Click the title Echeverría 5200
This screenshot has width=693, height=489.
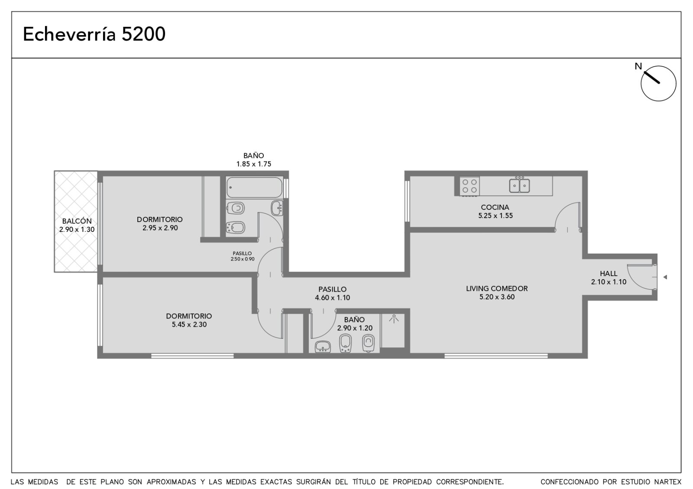coord(94,34)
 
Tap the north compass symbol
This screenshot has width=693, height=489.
coord(658,83)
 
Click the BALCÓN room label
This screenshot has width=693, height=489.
coord(77,221)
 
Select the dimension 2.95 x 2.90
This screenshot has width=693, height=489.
coord(160,228)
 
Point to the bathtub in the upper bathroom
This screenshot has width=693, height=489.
coord(254,187)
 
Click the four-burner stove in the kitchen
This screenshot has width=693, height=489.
coord(470,186)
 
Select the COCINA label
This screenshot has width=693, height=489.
coord(495,207)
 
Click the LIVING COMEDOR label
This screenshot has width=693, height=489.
coord(497,288)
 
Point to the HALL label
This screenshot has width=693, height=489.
coord(609,273)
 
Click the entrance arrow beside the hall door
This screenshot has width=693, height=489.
coord(665,277)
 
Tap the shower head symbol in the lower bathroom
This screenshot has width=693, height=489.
coord(394,318)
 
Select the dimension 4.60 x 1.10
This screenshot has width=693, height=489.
coord(332,298)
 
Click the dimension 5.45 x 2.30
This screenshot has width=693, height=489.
coord(189,325)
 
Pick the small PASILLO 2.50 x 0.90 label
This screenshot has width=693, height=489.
coord(242,256)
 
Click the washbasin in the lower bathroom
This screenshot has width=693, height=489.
coord(323,347)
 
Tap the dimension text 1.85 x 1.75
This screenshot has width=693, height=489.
coord(254,164)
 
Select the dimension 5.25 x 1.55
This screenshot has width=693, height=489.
coord(495,216)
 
